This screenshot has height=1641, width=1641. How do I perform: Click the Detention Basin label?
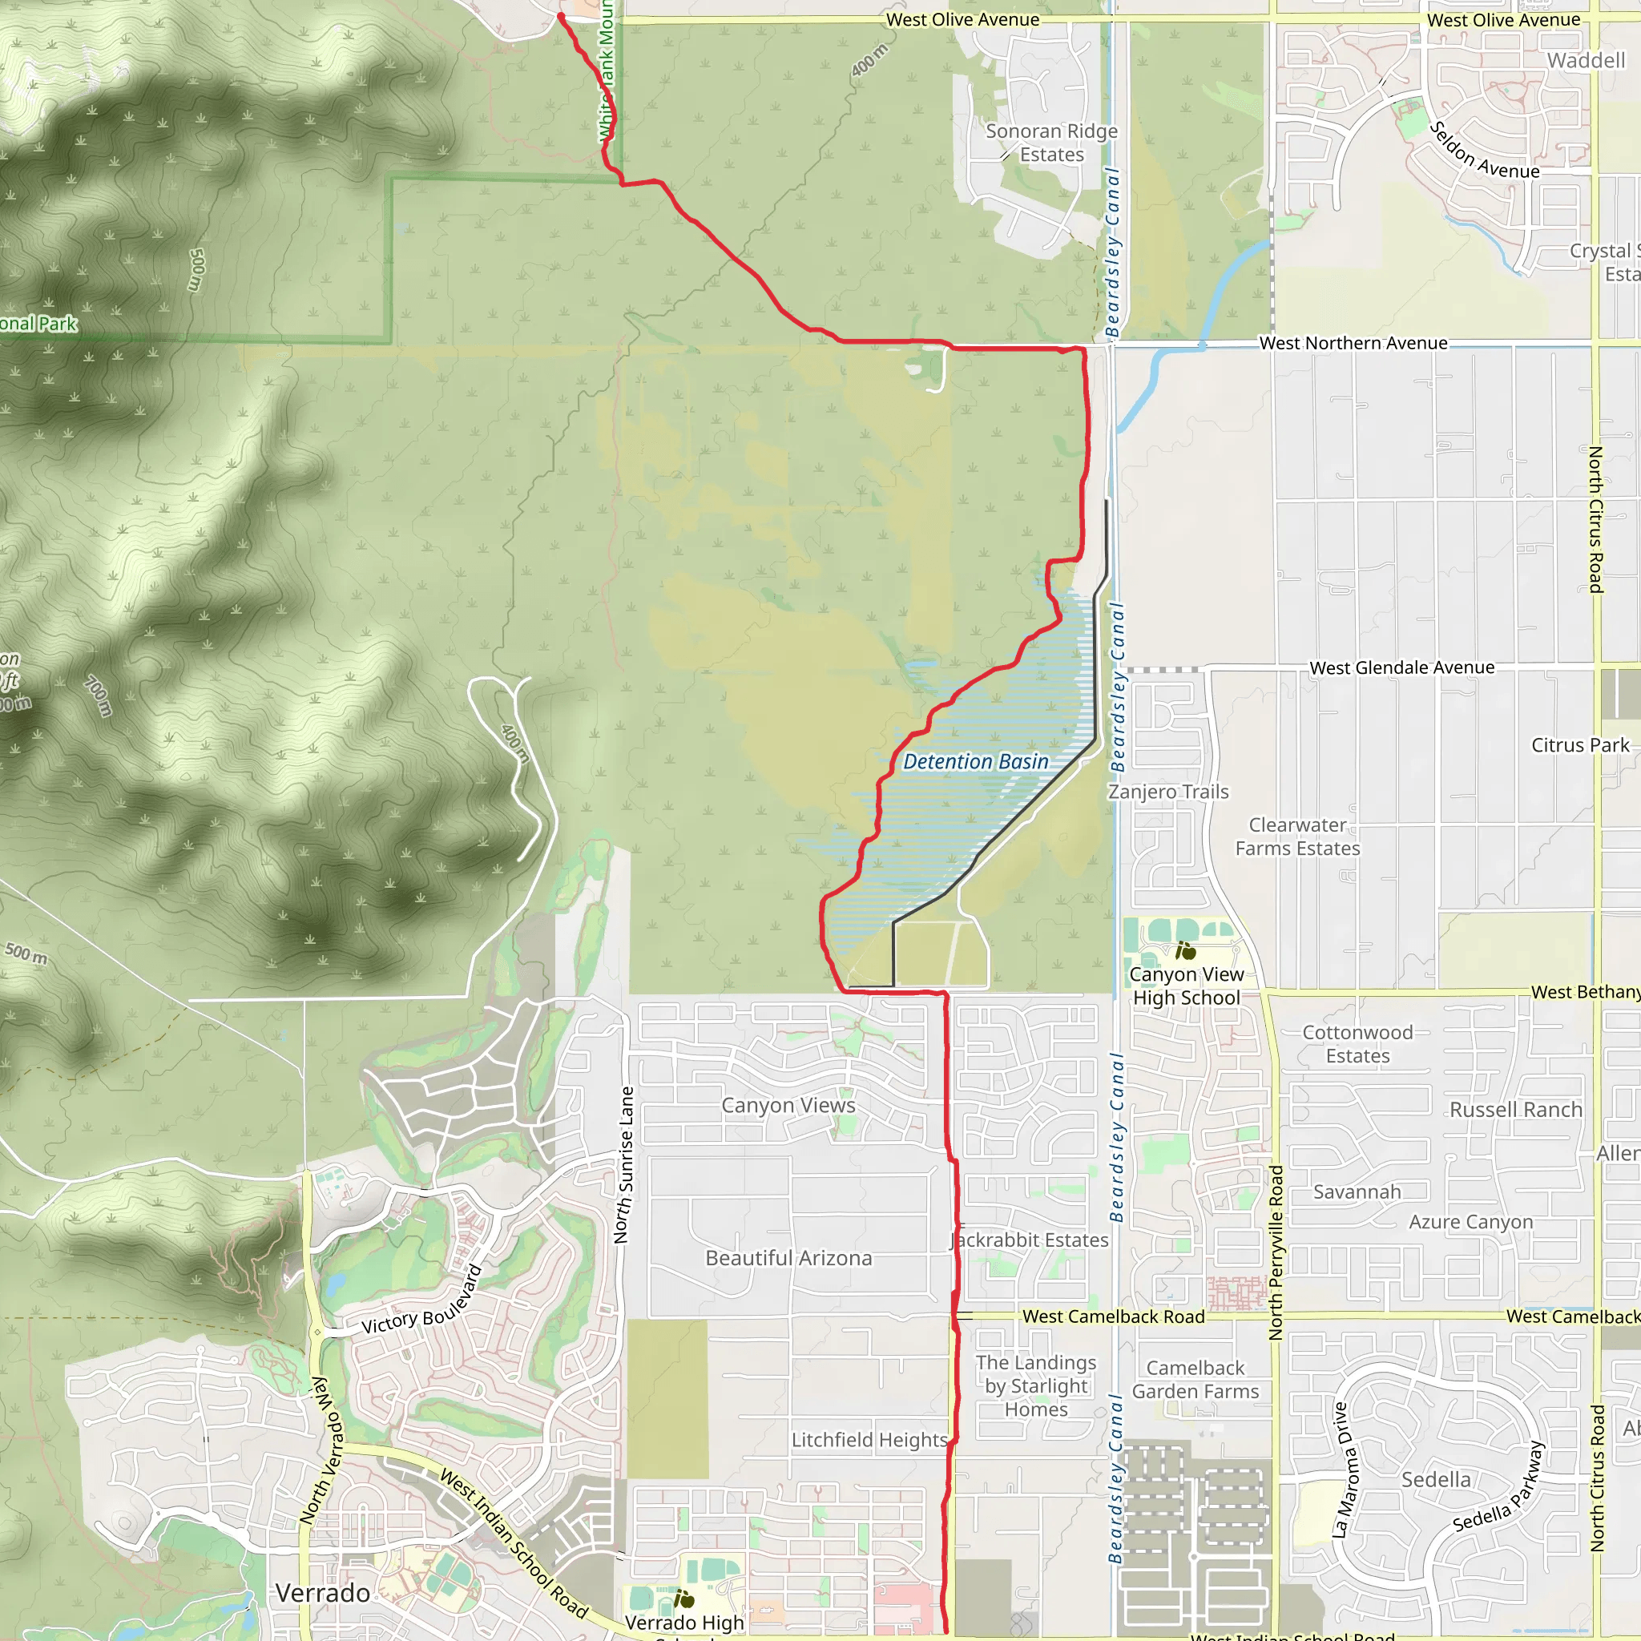(x=975, y=762)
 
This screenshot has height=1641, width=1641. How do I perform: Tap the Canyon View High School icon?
(x=1187, y=950)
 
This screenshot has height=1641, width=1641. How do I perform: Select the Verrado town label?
(x=323, y=1594)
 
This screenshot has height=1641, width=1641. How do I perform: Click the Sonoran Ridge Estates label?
(x=1051, y=143)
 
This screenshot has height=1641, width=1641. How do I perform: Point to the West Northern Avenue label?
(x=1353, y=343)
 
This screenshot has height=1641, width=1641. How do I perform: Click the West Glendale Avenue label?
(x=1401, y=667)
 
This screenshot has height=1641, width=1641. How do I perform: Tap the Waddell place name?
(x=1586, y=60)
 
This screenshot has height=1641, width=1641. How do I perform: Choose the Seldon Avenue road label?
(x=1484, y=151)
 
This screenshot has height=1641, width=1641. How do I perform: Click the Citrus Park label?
(x=1580, y=745)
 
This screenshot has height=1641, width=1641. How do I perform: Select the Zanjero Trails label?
(x=1168, y=792)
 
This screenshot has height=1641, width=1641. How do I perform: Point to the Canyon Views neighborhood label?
(x=788, y=1105)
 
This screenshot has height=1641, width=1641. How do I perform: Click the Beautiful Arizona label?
(x=788, y=1258)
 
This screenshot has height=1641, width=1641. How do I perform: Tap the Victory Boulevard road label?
(x=422, y=1300)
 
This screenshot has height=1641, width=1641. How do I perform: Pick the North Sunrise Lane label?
(x=625, y=1164)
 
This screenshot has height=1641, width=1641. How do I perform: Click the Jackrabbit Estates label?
(x=1030, y=1240)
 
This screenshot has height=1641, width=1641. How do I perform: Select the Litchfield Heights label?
(x=869, y=1440)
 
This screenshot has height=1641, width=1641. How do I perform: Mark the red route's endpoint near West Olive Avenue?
(x=561, y=16)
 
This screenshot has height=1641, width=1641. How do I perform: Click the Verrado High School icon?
(x=683, y=1600)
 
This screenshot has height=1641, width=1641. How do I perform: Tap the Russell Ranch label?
(x=1515, y=1109)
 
